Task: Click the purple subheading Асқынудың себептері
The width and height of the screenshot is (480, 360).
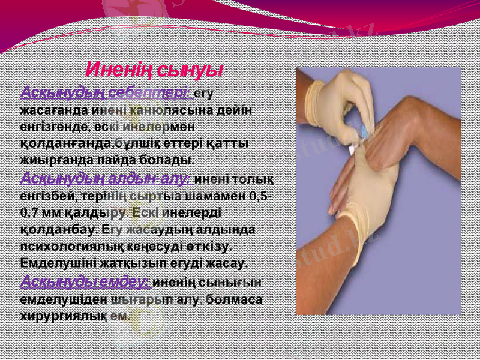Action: (106, 94)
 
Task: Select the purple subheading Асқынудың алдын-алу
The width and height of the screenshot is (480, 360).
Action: (106, 178)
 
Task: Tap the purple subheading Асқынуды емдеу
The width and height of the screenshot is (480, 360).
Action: (86, 281)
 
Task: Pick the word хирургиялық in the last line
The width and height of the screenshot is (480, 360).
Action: (65, 314)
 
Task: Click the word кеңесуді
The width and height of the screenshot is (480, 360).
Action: (168, 246)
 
